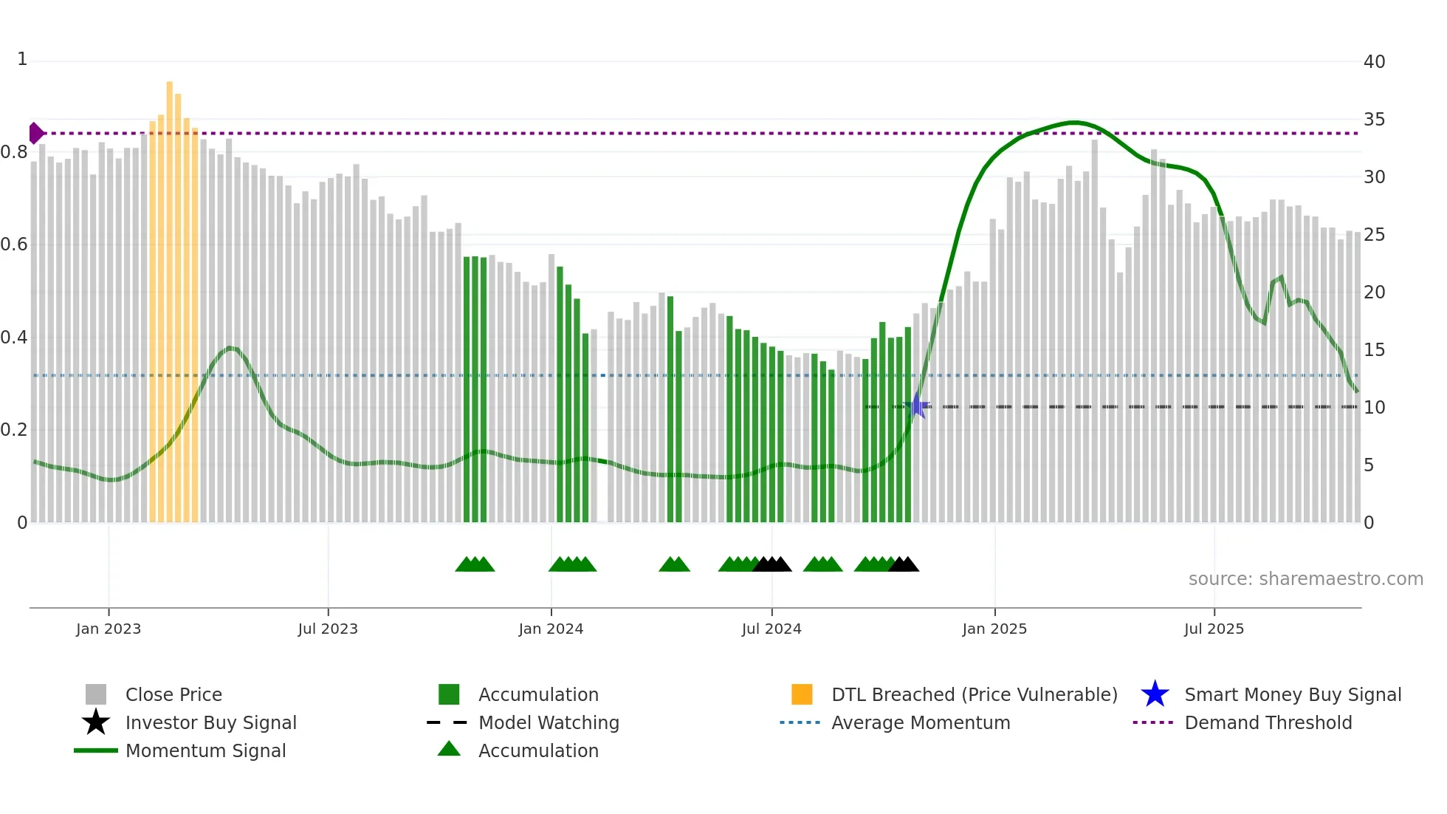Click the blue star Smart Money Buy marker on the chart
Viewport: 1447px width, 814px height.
[x=916, y=406]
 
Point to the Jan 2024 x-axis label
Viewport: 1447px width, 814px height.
[x=551, y=629]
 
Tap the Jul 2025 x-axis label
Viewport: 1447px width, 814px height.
[x=1214, y=629]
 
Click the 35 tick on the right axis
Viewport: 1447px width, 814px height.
[x=1374, y=120]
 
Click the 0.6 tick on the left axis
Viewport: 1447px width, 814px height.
[x=14, y=244]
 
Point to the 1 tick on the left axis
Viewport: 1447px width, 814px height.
[x=22, y=59]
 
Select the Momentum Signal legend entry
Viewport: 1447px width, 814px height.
[x=205, y=750]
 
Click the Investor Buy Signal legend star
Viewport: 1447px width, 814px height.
[x=96, y=722]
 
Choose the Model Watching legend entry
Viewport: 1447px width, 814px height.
[x=549, y=722]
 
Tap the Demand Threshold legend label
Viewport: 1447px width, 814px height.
[x=1268, y=722]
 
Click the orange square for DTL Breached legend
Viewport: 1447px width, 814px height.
[x=802, y=694]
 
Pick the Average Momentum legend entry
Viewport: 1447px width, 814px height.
[x=920, y=722]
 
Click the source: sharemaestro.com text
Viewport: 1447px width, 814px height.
[x=1305, y=579]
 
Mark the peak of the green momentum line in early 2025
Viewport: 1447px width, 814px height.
[x=1074, y=123]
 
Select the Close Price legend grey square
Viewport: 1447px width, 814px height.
[x=96, y=694]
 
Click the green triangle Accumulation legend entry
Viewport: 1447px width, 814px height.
[x=449, y=750]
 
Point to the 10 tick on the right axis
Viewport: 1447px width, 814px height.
[x=1374, y=408]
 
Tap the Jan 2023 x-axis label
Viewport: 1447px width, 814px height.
[x=109, y=629]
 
